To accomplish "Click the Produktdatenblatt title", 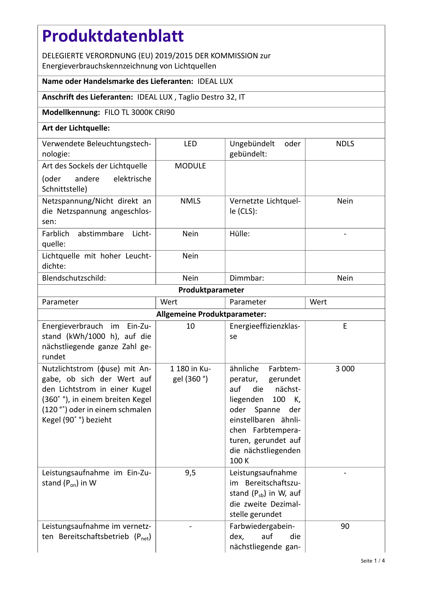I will (x=113, y=36).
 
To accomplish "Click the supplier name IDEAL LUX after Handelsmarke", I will (x=215, y=81).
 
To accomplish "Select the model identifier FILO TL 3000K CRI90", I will (x=139, y=113).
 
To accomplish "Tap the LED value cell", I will (x=190, y=144).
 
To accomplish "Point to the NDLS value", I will (x=345, y=144).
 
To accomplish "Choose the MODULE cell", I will (x=190, y=166).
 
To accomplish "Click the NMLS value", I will (x=190, y=201).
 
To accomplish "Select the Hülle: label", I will (x=240, y=234).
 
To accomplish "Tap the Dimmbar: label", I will (x=247, y=278).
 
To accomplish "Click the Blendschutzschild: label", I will (x=74, y=278).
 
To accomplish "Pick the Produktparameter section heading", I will (x=211, y=290).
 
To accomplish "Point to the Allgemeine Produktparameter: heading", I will (x=211, y=314).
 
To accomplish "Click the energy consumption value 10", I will (x=190, y=326).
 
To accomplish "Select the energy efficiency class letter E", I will (x=345, y=326).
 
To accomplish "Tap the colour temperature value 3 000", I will (x=345, y=369).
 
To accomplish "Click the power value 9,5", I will (x=190, y=473).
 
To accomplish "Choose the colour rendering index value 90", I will (x=345, y=526).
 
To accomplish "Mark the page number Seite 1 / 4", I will (x=373, y=561).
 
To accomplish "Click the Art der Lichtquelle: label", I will (x=76, y=128).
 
